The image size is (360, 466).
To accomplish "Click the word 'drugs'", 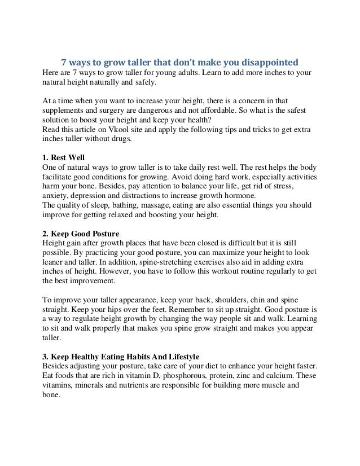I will tap(117, 140).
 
